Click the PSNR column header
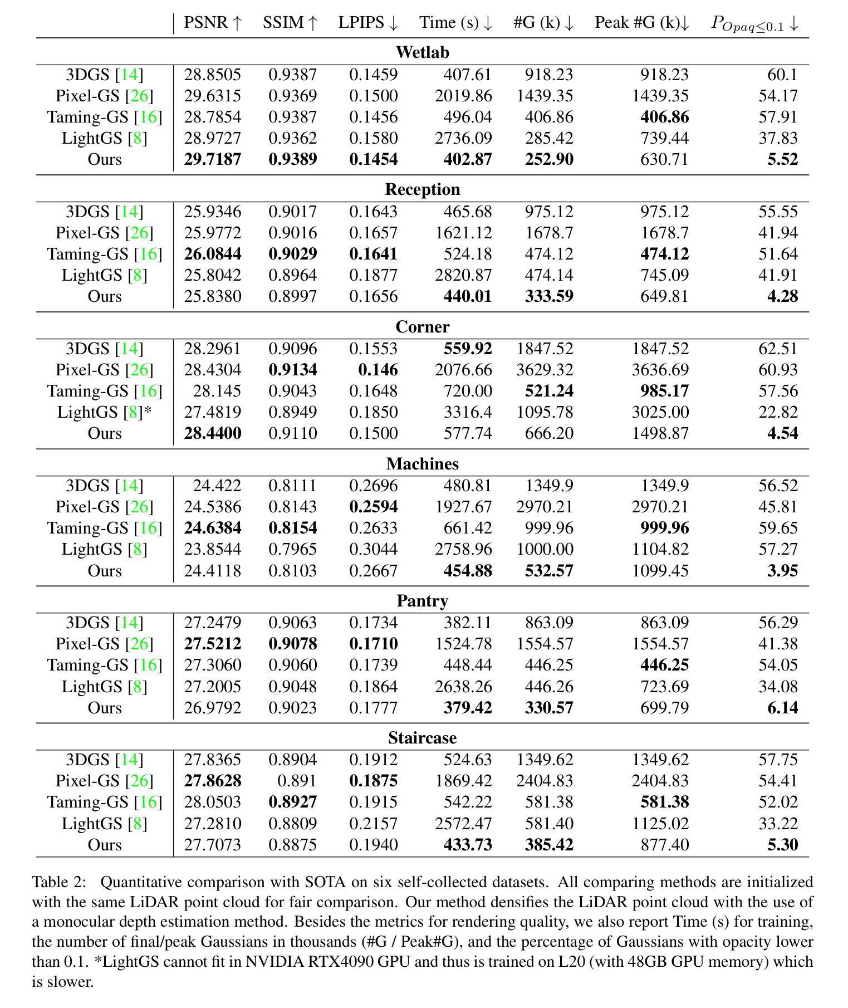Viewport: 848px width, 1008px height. click(x=213, y=23)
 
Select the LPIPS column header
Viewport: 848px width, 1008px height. click(x=368, y=23)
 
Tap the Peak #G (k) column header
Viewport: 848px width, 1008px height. click(x=642, y=23)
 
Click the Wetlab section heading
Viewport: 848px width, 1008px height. click(x=422, y=52)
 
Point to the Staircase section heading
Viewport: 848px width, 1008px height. click(x=422, y=738)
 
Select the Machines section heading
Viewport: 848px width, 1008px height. click(x=422, y=464)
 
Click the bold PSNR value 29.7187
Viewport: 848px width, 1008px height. click(x=213, y=159)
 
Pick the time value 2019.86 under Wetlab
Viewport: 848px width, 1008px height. click(x=463, y=96)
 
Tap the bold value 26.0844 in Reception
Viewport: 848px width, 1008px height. click(x=213, y=254)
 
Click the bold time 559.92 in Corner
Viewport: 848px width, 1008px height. click(x=468, y=349)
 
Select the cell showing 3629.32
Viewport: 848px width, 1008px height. click(x=545, y=370)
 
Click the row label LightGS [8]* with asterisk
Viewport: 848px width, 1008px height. click(x=105, y=412)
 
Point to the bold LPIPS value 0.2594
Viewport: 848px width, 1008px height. click(x=373, y=507)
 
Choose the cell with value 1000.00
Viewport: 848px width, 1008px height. click(x=545, y=549)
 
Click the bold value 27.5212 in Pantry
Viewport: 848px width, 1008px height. click(x=213, y=644)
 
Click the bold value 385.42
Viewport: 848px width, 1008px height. click(x=549, y=845)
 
